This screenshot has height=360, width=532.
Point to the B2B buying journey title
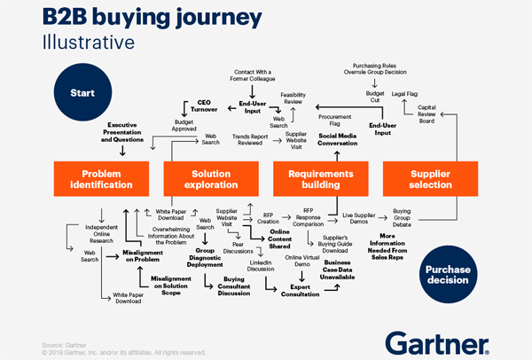click(x=142, y=20)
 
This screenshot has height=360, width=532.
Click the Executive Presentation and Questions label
click(x=121, y=132)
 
